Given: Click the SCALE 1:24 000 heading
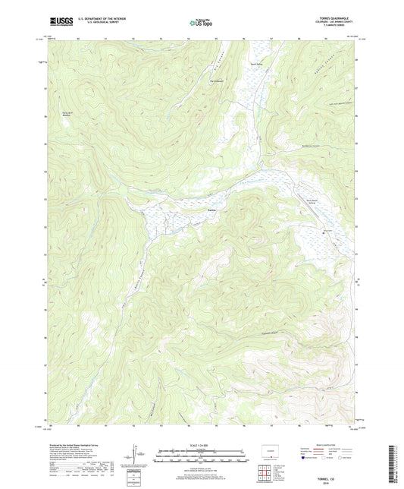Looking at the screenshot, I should tap(201, 444).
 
